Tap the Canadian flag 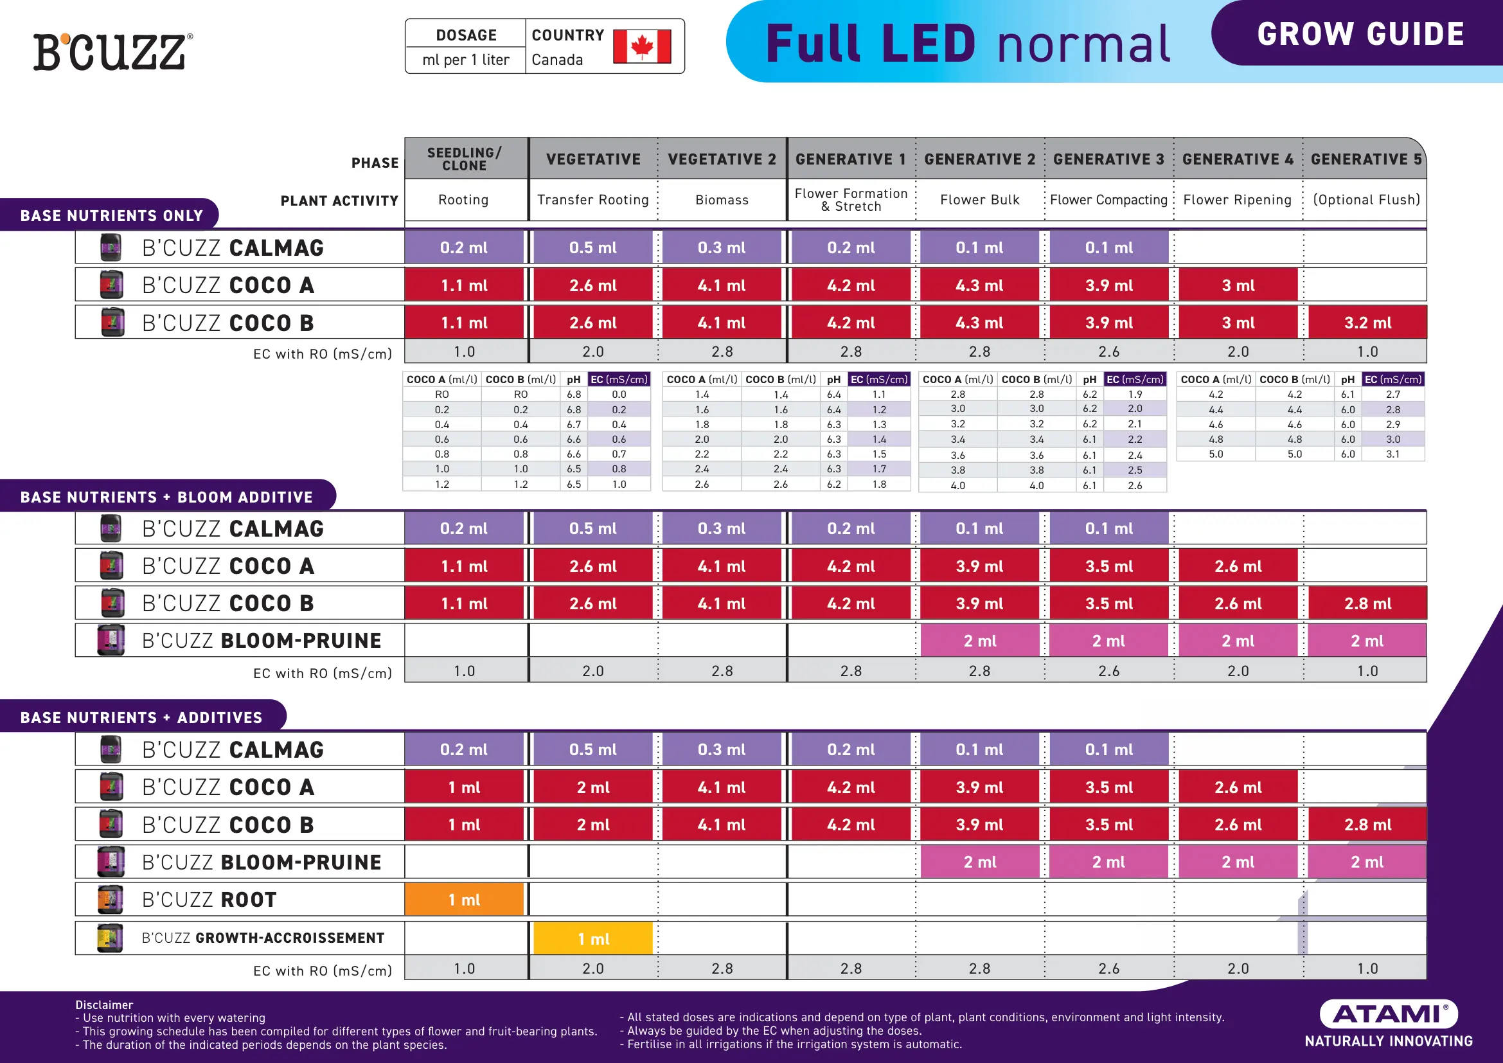pyautogui.click(x=641, y=46)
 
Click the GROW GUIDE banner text pyautogui.click(x=1360, y=34)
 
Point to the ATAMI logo pyautogui.click(x=1389, y=1014)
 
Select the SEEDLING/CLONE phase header pyautogui.click(x=465, y=159)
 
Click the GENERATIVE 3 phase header pyautogui.click(x=1108, y=159)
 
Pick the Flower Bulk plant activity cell pyautogui.click(x=980, y=200)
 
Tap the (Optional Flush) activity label pyautogui.click(x=1367, y=200)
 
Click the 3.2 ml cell pyautogui.click(x=1367, y=323)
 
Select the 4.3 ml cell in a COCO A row pyautogui.click(x=980, y=285)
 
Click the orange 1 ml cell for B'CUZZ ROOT pyautogui.click(x=464, y=899)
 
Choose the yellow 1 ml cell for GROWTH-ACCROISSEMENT pyautogui.click(x=593, y=938)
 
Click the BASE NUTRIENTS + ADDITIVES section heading pyautogui.click(x=141, y=718)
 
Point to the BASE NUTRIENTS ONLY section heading pyautogui.click(x=111, y=216)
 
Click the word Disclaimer pyautogui.click(x=104, y=1005)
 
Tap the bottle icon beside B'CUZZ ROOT pyautogui.click(x=111, y=899)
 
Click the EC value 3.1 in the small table pyautogui.click(x=1393, y=454)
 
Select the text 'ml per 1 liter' pyautogui.click(x=465, y=60)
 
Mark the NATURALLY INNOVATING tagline pyautogui.click(x=1389, y=1041)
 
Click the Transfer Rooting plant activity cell pyautogui.click(x=593, y=200)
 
